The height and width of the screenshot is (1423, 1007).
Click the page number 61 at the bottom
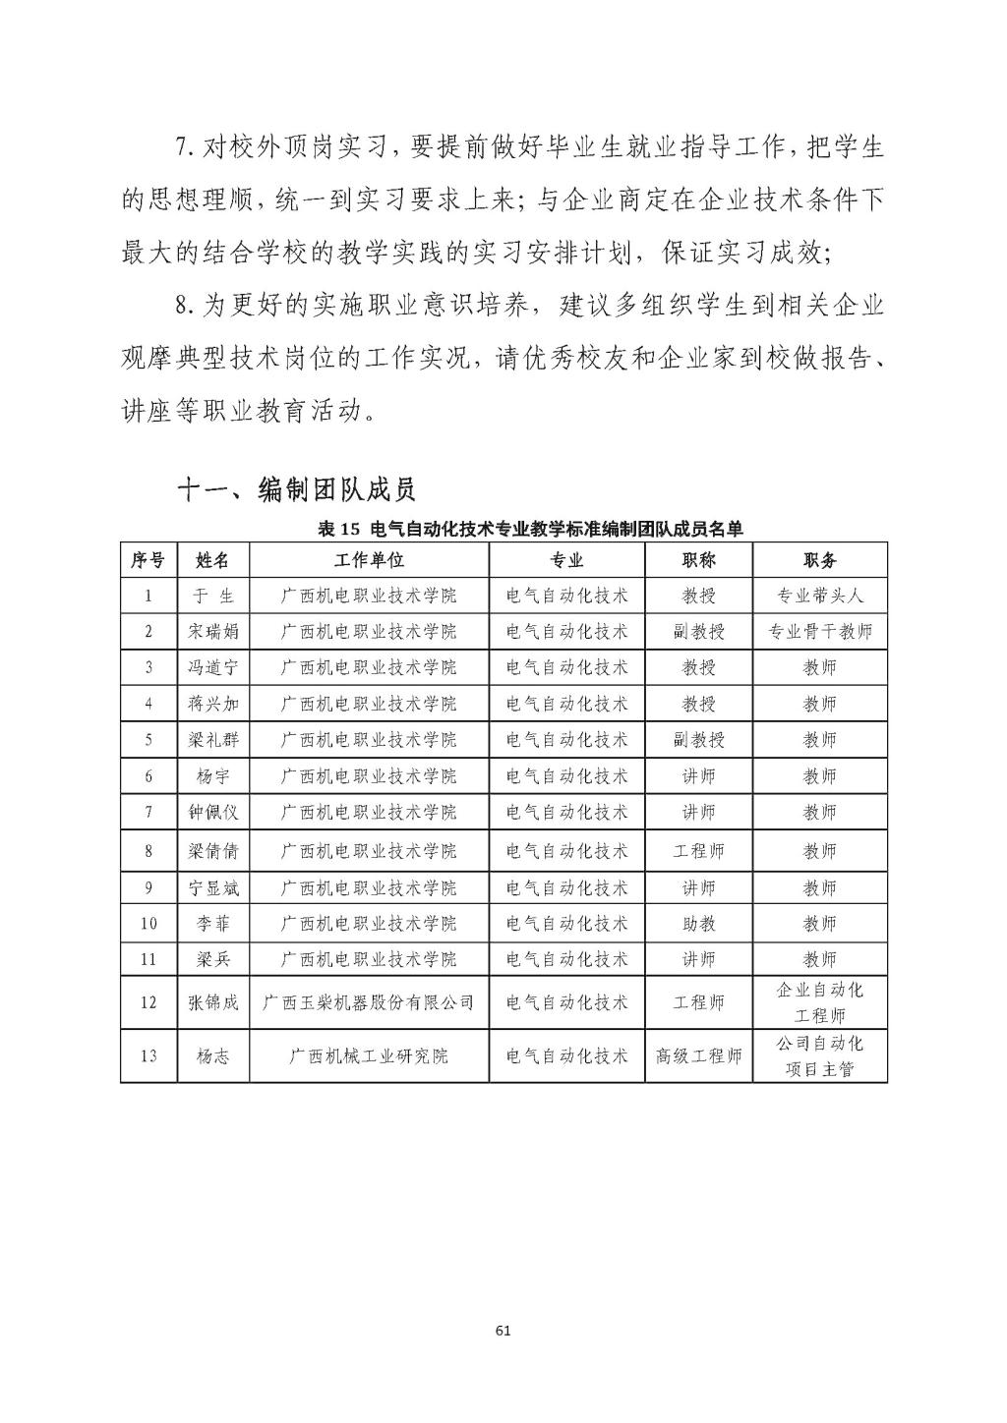503,1331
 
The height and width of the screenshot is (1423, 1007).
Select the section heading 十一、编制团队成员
296,488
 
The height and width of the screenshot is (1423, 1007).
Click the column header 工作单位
369,560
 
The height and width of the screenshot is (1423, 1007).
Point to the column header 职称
698,560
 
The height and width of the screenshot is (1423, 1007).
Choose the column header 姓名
212,560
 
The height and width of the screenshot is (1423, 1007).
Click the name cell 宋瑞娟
212,631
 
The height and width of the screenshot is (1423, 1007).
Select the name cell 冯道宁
212,667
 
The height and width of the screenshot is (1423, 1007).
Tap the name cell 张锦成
212,1002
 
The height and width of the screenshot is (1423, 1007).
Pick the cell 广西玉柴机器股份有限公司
369,1002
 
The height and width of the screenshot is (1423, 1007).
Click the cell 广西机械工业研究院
369,1056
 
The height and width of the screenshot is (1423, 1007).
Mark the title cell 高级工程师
698,1056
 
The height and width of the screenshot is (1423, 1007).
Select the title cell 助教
698,924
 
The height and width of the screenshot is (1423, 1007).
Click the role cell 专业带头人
819,596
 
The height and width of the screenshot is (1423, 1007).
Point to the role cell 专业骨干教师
819,631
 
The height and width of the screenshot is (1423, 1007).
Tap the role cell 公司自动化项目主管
819,1055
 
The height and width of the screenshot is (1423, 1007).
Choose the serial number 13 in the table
148,1056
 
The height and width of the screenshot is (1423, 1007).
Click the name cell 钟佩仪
212,813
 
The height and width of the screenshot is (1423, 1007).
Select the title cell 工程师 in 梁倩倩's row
698,850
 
